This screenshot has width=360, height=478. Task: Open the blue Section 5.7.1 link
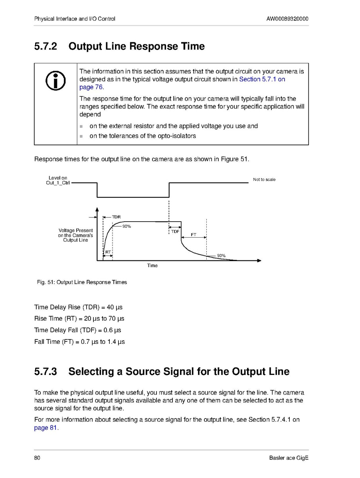(262, 79)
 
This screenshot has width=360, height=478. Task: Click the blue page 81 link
(46, 428)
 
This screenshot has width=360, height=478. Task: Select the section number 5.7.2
(46, 46)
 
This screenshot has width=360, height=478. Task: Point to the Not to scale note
(264, 180)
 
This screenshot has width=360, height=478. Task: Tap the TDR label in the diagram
(116, 217)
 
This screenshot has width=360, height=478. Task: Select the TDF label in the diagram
(175, 232)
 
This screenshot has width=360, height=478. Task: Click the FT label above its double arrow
(193, 234)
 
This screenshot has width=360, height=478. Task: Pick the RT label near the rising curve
(108, 252)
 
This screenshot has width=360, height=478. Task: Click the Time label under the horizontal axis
(152, 266)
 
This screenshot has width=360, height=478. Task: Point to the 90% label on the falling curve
(221, 255)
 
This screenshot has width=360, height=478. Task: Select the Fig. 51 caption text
(81, 282)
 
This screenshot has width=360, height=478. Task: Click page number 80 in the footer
(37, 458)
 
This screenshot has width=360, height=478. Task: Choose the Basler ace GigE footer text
(289, 458)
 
